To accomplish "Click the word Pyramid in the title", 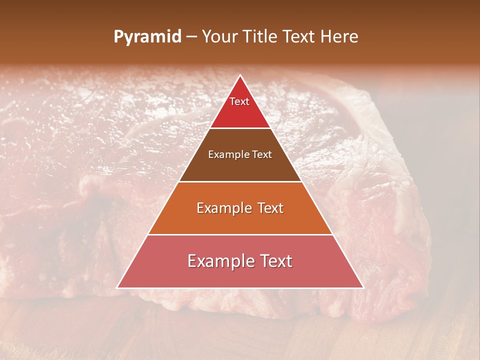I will point(147,37).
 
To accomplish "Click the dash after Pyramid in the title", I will point(191,37).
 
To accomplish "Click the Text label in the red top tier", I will point(239,101).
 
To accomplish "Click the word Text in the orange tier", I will point(269,208).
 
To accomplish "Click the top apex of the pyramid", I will point(240,75).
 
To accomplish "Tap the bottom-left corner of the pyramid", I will point(117,287).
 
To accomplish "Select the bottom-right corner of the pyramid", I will point(363,287).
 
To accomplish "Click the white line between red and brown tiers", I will point(240,128).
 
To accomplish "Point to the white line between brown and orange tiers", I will point(240,181).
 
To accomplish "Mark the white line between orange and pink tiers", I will point(240,234).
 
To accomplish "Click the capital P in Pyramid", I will point(118,37).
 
